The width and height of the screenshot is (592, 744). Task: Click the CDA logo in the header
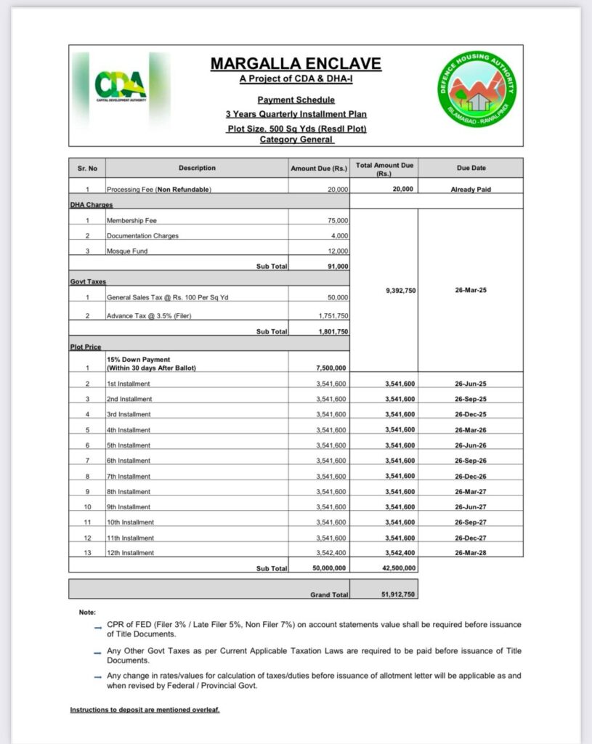(x=121, y=86)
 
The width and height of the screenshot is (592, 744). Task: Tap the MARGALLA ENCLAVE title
(x=296, y=64)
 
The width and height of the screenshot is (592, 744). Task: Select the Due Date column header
(x=471, y=168)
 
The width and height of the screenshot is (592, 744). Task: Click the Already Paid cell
(x=471, y=189)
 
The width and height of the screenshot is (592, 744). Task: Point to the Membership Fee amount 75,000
(x=338, y=220)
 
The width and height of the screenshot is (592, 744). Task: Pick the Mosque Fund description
(x=129, y=251)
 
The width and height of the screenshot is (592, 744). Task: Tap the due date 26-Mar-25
(x=471, y=290)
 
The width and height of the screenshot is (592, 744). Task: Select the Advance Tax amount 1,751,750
(x=333, y=316)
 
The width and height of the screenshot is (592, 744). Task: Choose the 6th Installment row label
(x=129, y=461)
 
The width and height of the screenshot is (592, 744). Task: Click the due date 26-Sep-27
(x=471, y=522)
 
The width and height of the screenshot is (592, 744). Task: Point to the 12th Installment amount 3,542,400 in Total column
(x=400, y=553)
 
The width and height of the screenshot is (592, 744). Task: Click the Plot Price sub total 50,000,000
(x=329, y=568)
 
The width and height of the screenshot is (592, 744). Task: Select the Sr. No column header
(x=87, y=168)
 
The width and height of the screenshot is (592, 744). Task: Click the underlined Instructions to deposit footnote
(x=145, y=709)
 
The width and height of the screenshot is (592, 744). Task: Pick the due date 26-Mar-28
(x=471, y=553)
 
